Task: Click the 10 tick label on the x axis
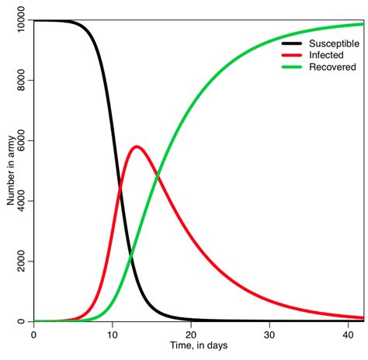pyautogui.click(x=113, y=334)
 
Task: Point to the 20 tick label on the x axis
pyautogui.click(x=191, y=334)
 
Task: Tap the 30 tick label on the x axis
pyautogui.click(x=269, y=334)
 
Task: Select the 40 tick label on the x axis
pyautogui.click(x=348, y=334)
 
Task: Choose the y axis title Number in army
pyautogui.click(x=10, y=170)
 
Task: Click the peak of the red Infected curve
pyautogui.click(x=137, y=146)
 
